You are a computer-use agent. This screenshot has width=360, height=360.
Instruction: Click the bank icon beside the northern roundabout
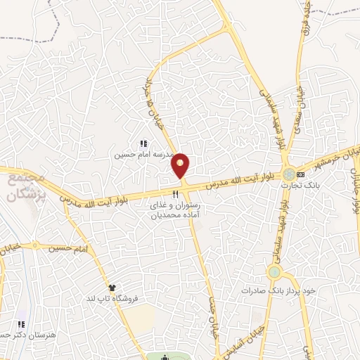click(x=301, y=174)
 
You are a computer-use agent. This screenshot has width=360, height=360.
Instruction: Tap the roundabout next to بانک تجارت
click(x=289, y=174)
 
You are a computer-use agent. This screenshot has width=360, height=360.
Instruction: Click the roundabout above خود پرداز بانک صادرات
click(x=274, y=272)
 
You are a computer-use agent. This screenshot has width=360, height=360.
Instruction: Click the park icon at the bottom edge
click(x=165, y=356)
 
